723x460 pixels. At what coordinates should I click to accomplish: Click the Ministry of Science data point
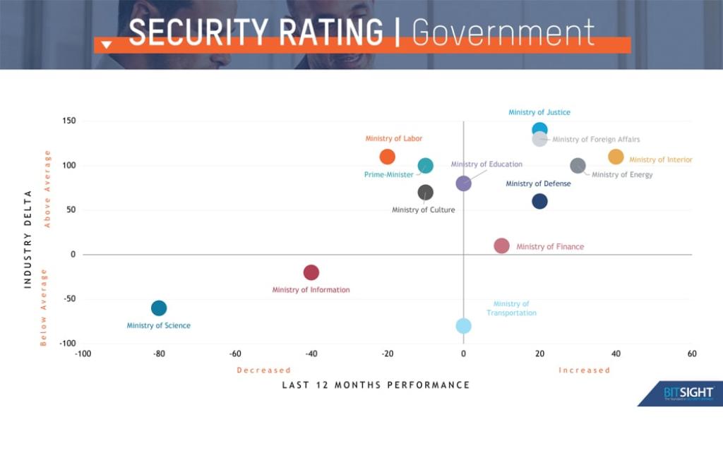(159, 308)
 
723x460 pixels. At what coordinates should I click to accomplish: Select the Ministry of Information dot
(311, 272)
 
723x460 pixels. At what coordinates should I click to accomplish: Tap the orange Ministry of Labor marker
(387, 157)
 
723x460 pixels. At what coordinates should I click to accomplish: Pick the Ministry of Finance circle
(501, 246)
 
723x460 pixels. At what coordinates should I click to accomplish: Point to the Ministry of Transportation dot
(463, 325)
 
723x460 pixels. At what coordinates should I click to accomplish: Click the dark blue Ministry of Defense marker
(539, 201)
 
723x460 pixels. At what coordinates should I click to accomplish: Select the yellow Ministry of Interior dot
(616, 157)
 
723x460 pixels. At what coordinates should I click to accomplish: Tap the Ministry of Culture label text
(423, 210)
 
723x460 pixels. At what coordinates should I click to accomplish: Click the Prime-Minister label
(388, 174)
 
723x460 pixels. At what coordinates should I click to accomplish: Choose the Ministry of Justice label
(539, 112)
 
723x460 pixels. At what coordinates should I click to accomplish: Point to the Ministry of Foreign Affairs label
(596, 140)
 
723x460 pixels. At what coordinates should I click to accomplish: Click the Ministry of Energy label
(622, 174)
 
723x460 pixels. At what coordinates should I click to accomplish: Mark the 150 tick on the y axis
(68, 121)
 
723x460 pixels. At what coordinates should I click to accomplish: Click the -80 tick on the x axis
(159, 354)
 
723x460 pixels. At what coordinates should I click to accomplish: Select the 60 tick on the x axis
(691, 354)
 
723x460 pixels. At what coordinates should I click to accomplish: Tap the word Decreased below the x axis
(263, 370)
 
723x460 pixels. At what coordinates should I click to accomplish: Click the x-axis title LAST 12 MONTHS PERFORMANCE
(376, 385)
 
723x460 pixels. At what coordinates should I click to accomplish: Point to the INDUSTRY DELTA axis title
(28, 238)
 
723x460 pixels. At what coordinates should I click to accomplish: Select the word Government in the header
(503, 32)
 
